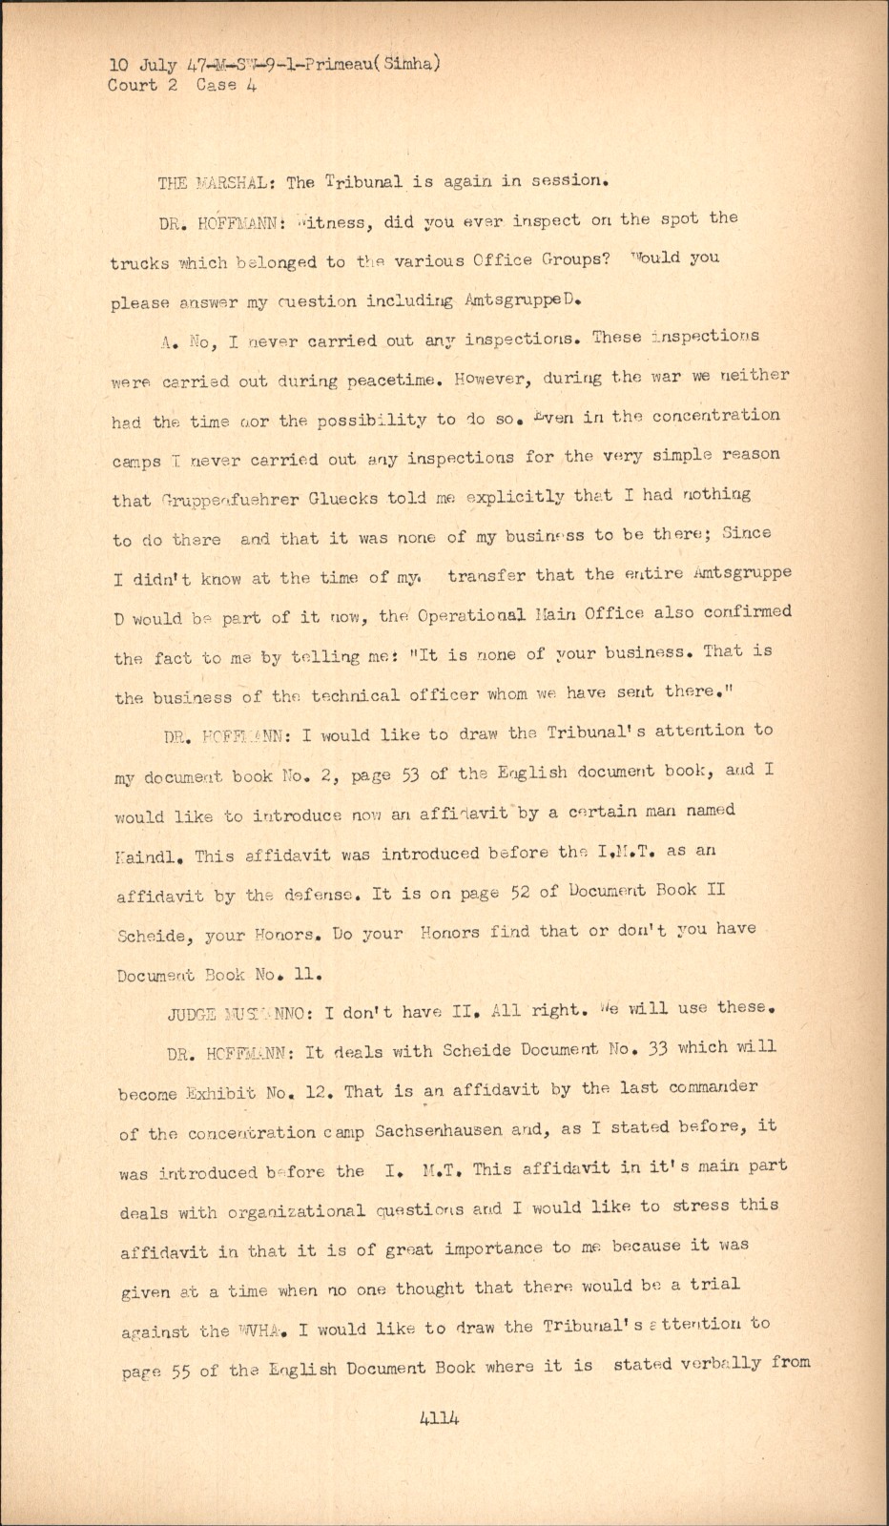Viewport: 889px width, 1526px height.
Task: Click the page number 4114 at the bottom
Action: click(439, 1418)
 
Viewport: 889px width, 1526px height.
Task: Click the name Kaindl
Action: click(143, 856)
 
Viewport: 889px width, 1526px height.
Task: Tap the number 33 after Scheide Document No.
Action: click(657, 1048)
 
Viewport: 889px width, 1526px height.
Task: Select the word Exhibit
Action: click(222, 1093)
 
